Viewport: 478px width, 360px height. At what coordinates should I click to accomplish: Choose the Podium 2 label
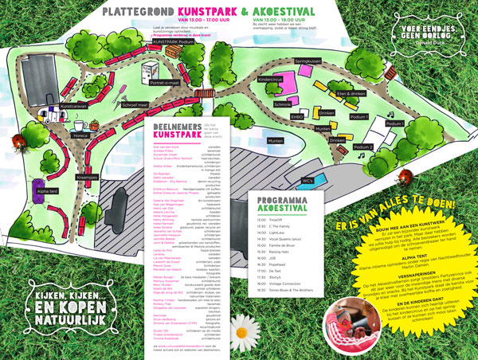(x=363, y=147)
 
